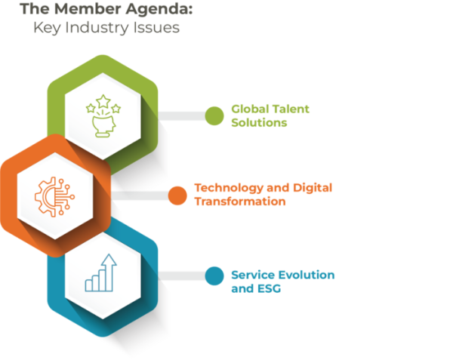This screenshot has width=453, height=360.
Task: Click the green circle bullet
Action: tap(214, 115)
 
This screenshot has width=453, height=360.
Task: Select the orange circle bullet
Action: tap(177, 195)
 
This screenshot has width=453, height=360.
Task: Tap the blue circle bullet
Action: tap(214, 275)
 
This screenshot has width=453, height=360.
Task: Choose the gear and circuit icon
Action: tap(55, 195)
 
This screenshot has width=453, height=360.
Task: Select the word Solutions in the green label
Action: tap(259, 123)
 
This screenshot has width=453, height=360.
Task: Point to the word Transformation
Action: tap(239, 202)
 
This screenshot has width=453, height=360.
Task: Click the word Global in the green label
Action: tap(248, 109)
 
